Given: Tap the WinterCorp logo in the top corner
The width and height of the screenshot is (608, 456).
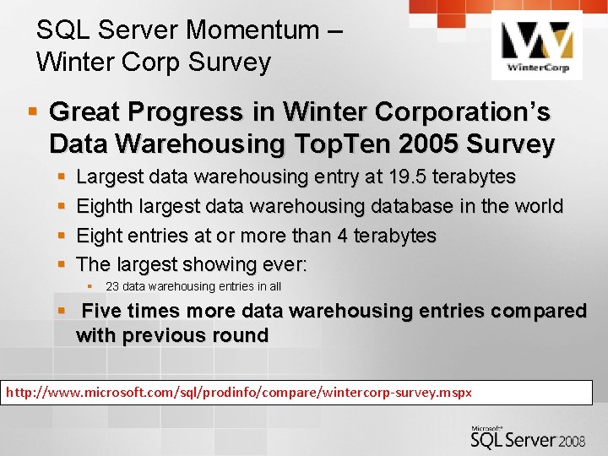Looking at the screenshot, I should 536,47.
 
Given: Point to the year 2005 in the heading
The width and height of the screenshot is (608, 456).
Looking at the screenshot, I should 421,144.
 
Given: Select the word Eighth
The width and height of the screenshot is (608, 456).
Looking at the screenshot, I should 104,206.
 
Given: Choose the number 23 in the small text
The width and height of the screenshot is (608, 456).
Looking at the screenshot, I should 111,287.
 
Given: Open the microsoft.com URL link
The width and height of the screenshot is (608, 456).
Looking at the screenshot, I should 239,393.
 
